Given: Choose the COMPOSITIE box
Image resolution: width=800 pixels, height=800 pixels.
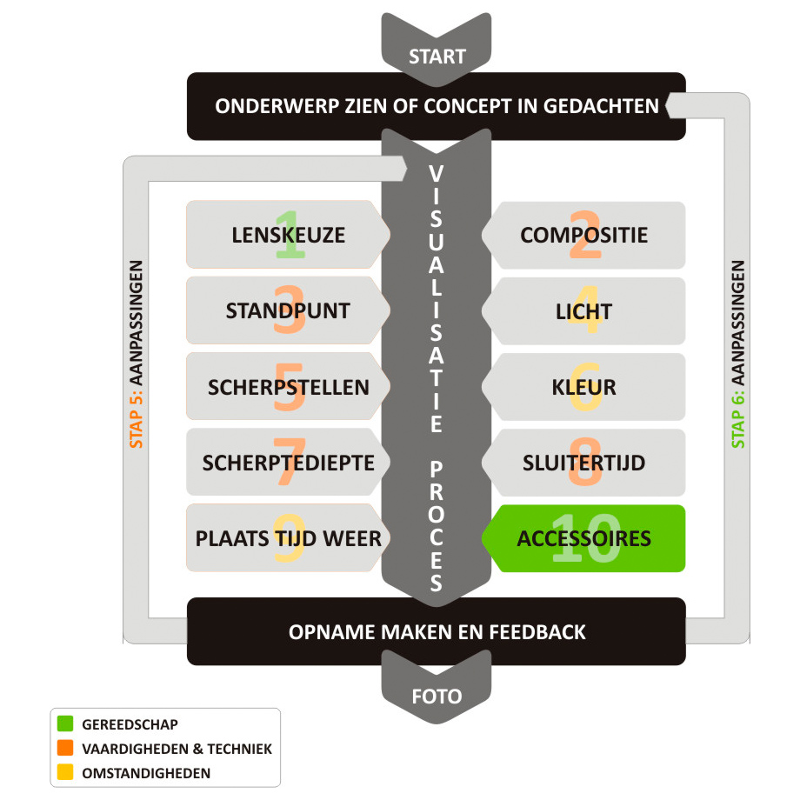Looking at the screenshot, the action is (583, 235).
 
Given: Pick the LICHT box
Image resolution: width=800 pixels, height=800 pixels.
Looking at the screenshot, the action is (583, 310).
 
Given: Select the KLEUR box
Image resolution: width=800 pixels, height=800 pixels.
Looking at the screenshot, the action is (583, 387).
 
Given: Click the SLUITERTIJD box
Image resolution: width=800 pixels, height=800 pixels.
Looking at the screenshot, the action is (583, 463).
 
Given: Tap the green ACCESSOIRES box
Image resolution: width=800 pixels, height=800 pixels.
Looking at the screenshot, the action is (583, 538).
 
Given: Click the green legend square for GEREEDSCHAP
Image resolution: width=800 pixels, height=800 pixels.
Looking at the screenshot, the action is (65, 723).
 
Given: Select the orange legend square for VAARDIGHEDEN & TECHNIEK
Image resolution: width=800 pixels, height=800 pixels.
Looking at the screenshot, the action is (65, 748).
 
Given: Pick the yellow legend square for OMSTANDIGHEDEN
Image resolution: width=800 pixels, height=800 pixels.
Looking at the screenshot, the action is (65, 772).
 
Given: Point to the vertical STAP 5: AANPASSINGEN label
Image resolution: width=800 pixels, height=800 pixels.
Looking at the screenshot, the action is (137, 355).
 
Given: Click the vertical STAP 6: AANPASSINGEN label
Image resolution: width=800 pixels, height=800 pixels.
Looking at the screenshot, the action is (738, 355).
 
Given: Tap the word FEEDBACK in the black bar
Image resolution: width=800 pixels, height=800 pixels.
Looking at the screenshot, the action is (537, 632).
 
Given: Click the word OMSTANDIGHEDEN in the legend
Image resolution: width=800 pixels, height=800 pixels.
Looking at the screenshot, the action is (146, 773).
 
